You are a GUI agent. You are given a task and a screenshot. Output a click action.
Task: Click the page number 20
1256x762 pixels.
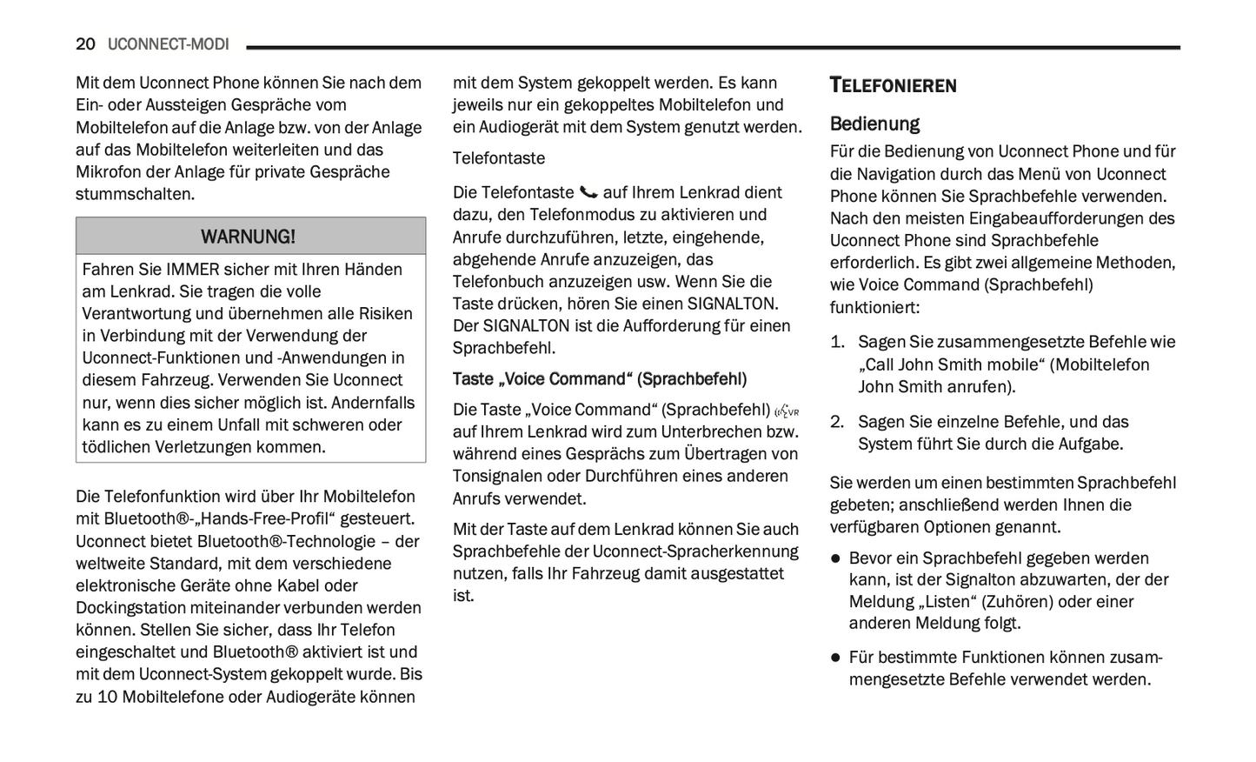click(85, 44)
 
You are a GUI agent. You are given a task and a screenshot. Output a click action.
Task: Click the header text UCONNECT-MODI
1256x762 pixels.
click(168, 44)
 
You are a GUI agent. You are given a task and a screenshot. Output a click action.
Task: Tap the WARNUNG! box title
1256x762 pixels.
click(249, 237)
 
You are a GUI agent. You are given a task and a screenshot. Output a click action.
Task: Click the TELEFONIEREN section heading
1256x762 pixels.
click(893, 85)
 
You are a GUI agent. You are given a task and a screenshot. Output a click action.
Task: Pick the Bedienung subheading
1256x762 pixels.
click(874, 124)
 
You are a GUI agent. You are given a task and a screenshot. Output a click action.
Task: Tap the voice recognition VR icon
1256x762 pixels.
click(787, 411)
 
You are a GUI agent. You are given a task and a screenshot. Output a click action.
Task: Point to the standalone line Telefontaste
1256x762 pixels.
click(498, 158)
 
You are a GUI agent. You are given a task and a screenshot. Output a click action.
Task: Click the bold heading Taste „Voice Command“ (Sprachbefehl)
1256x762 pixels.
click(599, 379)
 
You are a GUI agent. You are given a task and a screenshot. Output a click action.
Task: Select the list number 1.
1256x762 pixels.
click(836, 342)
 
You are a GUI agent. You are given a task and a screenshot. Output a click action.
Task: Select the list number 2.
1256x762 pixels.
click(836, 422)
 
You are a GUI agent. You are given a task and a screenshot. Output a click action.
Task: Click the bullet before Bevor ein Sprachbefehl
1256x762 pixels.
click(835, 558)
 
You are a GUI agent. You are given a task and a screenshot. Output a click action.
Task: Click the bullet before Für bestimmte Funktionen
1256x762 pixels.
click(835, 658)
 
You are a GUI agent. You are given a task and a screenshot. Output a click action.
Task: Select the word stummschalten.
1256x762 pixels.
click(134, 194)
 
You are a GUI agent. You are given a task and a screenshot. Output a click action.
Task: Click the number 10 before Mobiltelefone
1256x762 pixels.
click(107, 697)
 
